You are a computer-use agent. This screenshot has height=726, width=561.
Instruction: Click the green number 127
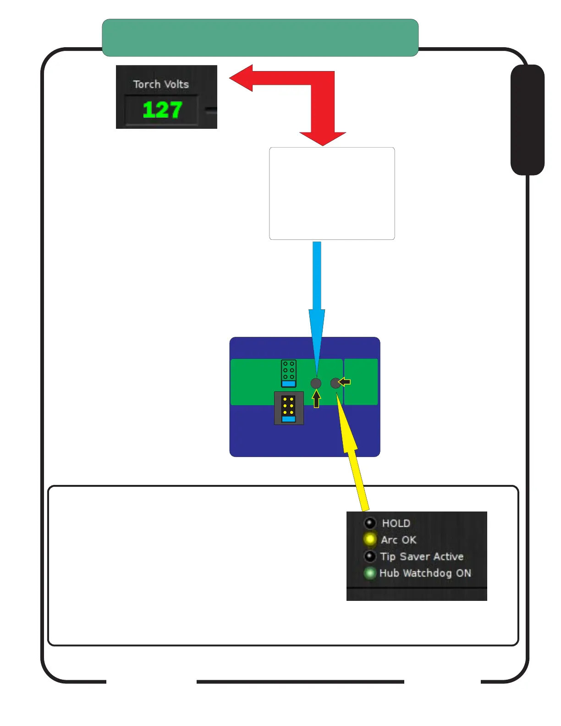162,110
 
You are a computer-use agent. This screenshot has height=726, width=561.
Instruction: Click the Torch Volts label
161,84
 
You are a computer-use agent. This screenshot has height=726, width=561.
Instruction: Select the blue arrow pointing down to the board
317,298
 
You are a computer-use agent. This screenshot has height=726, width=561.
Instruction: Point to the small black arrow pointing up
316,398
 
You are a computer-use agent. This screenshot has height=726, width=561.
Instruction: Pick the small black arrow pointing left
345,382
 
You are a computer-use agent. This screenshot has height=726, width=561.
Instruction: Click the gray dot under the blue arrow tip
316,383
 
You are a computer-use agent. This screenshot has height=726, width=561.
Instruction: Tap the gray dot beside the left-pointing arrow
335,383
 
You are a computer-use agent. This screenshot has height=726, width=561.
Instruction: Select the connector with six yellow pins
289,408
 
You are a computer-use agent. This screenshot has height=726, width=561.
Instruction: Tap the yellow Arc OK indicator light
370,539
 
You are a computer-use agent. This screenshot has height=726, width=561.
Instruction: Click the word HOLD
396,523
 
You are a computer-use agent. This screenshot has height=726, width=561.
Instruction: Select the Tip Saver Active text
422,556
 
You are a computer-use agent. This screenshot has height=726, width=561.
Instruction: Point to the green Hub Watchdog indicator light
369,573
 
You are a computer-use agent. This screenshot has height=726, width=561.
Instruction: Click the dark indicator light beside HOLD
370,523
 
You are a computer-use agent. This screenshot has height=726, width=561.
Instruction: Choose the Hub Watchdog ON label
425,573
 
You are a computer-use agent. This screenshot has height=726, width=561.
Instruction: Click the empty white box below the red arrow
332,193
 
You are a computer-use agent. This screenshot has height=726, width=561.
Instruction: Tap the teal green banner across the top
260,38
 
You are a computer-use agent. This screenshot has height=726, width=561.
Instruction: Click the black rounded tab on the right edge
528,120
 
